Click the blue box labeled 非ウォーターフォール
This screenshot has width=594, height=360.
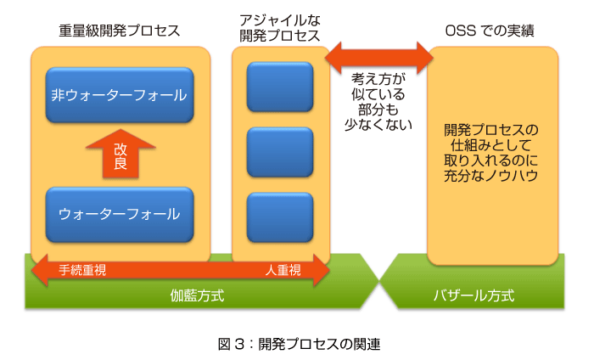tap(120, 95)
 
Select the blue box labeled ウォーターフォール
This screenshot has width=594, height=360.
tap(120, 215)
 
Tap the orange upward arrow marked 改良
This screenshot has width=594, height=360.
tap(120, 154)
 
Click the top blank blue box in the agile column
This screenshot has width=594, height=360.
tap(280, 87)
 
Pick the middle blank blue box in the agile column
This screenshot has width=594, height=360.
tap(280, 152)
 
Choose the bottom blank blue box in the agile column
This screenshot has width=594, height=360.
tap(280, 217)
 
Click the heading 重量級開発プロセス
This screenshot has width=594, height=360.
tap(120, 31)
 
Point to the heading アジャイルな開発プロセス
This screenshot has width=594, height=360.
tap(280, 28)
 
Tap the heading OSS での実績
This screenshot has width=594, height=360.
tap(490, 31)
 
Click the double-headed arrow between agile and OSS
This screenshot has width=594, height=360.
tap(379, 58)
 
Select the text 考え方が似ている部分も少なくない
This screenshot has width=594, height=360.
tap(378, 102)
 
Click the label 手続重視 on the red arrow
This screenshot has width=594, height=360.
tap(82, 270)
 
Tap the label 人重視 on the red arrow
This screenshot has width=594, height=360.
tap(283, 270)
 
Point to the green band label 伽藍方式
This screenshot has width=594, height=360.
tap(197, 295)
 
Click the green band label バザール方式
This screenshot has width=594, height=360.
tap(474, 295)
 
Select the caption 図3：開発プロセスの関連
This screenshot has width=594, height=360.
tap(299, 344)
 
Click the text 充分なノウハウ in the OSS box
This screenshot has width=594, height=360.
tap(491, 176)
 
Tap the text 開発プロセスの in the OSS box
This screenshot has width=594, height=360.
tap(491, 130)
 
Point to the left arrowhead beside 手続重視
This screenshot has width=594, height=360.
tap(39, 270)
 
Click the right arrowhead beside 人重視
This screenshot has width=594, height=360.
tap(322, 270)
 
